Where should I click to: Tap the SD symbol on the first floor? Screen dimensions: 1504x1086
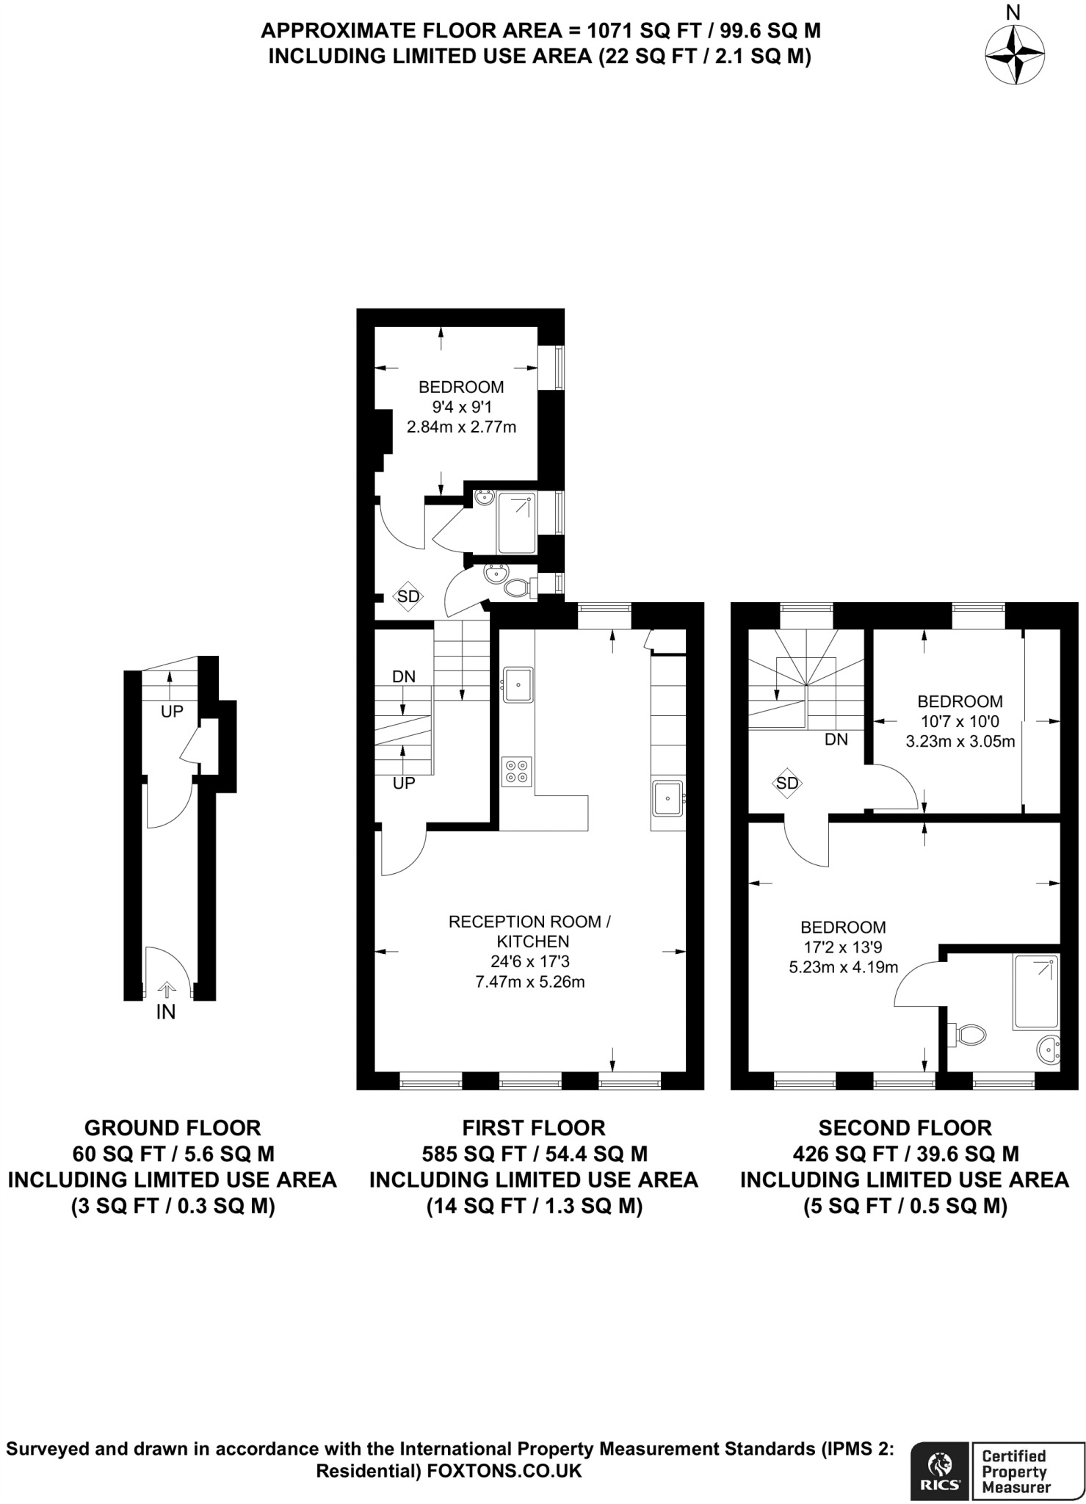(x=408, y=596)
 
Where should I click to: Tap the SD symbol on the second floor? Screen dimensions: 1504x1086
(x=786, y=783)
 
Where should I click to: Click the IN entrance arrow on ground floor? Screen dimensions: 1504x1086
(x=167, y=989)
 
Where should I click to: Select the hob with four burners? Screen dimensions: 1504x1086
(x=517, y=771)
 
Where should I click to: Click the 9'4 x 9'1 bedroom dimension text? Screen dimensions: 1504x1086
(x=461, y=406)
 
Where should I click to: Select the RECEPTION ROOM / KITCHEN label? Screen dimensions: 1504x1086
(x=530, y=931)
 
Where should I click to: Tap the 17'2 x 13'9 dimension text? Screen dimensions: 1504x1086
(x=843, y=947)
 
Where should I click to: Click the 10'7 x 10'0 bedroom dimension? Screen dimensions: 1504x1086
(x=960, y=721)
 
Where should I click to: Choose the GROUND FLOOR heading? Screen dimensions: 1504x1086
(x=173, y=1127)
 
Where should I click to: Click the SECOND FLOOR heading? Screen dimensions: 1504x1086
(x=905, y=1127)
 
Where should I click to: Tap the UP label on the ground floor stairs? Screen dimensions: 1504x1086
(x=172, y=712)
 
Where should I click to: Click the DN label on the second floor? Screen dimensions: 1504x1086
(x=836, y=740)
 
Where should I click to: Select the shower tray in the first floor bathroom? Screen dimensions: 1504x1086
(x=516, y=523)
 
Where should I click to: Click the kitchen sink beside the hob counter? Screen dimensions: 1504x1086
(x=518, y=684)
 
